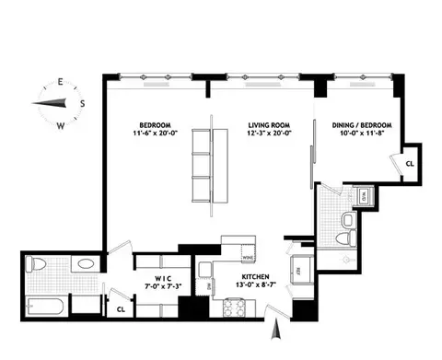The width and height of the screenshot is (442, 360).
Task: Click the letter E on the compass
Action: (x=60, y=82)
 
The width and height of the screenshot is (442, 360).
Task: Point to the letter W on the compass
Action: (x=60, y=123)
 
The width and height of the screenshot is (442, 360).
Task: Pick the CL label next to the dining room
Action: (x=409, y=163)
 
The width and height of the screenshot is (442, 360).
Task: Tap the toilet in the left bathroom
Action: (x=38, y=265)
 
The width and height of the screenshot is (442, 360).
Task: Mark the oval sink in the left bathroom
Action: (x=84, y=264)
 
